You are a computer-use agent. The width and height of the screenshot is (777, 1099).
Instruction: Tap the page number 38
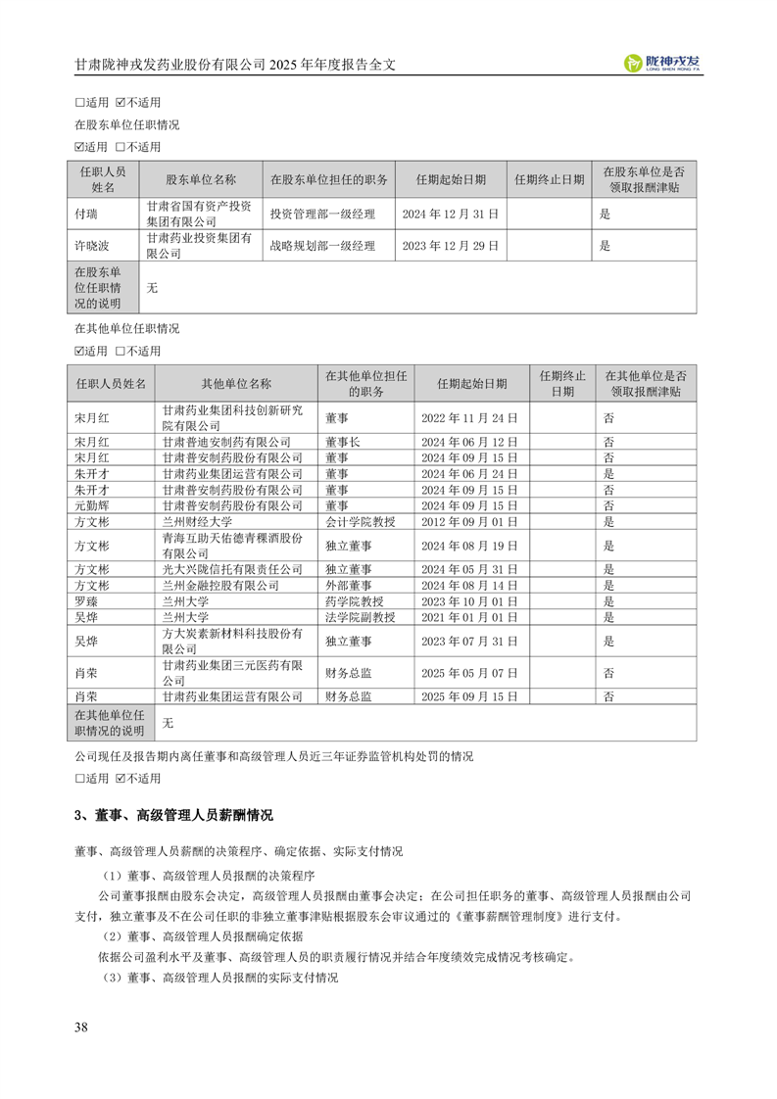[x=81, y=1027]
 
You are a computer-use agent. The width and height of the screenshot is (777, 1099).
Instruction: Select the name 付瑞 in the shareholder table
[x=87, y=213]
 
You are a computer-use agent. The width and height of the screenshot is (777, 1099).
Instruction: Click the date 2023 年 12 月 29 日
[x=451, y=246]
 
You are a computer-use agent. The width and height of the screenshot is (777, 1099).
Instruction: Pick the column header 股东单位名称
[x=201, y=179]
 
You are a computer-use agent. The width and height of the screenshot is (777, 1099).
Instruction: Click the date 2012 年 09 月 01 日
[x=469, y=523]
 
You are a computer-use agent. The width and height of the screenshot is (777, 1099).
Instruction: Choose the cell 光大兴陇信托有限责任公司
[x=233, y=569]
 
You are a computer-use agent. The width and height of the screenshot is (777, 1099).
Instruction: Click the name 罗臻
[x=86, y=601]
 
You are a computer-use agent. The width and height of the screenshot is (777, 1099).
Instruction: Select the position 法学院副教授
[x=361, y=617]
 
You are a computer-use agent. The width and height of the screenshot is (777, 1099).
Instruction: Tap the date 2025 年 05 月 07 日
[x=469, y=673]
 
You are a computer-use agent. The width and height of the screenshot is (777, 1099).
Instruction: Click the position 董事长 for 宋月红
[x=343, y=442]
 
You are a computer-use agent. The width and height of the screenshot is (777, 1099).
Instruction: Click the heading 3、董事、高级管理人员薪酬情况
[x=173, y=815]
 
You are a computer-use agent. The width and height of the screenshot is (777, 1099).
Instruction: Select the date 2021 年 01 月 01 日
[x=469, y=617]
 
